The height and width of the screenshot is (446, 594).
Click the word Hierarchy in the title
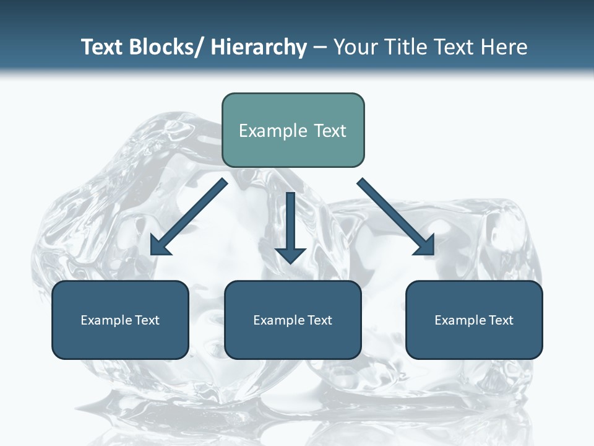tap(259, 47)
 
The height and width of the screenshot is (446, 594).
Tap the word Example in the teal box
tap(273, 131)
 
